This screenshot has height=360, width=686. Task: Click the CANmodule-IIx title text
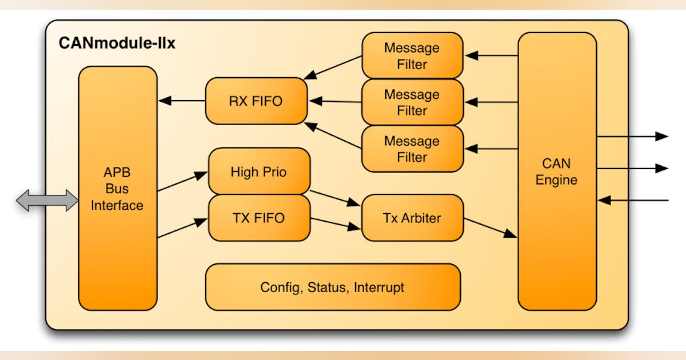[x=117, y=43]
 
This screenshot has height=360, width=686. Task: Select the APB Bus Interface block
[x=117, y=189]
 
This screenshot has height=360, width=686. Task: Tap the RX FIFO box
[x=256, y=101]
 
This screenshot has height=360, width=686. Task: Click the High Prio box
[x=258, y=171]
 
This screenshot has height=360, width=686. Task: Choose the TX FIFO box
[x=258, y=218]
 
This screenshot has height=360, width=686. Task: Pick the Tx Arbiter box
[x=412, y=218]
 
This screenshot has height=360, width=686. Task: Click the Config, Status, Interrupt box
[x=332, y=287]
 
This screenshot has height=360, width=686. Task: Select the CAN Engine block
[x=556, y=171]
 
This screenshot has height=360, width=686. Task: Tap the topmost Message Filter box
[x=412, y=56]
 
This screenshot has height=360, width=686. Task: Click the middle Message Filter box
[x=412, y=102]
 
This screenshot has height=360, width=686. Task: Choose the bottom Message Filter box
[x=412, y=149]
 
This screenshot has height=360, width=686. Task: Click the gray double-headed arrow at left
[x=47, y=201]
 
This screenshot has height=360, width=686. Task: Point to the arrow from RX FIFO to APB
[x=182, y=101]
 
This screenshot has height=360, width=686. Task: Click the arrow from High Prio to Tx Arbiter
[x=335, y=198]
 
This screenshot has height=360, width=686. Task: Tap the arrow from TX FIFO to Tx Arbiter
[x=335, y=223]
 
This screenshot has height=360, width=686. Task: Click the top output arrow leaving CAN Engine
[x=632, y=136]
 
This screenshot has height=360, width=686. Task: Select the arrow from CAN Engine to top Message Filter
[x=491, y=55]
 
